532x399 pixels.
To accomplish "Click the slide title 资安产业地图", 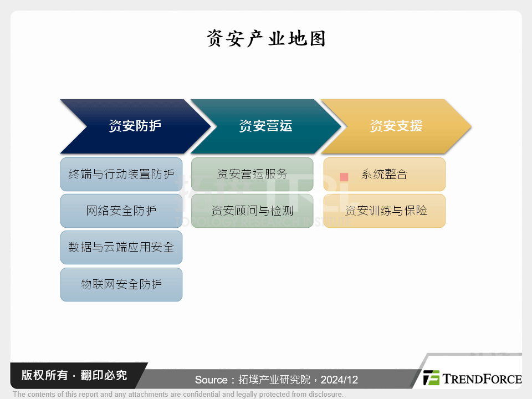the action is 267,38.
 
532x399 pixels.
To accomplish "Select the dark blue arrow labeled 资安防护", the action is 135,126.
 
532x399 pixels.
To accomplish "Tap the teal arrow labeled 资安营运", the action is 265,126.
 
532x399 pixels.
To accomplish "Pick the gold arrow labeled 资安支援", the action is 396,126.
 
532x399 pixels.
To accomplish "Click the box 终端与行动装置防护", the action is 121,174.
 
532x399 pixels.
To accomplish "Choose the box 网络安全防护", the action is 121,211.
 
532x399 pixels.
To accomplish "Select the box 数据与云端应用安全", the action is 121,247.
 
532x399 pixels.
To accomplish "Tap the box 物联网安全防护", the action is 121,284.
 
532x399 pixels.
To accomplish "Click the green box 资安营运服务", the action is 252,174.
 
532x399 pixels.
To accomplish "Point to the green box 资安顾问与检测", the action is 252,211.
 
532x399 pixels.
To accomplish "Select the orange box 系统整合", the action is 385,174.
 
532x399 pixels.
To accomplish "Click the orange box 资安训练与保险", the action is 385,211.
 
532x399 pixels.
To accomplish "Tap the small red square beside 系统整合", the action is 344,177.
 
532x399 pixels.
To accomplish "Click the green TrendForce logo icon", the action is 431,377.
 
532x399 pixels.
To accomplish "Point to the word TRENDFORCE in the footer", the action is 482,378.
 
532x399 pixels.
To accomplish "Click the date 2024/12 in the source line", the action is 339,380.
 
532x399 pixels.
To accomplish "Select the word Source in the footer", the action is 211,380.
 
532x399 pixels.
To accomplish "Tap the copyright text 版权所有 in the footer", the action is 44,375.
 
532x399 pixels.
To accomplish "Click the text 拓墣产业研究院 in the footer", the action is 274,380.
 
